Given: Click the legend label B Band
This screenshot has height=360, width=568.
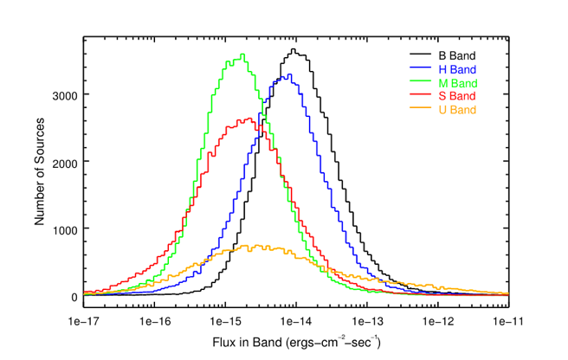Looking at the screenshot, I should [457, 55].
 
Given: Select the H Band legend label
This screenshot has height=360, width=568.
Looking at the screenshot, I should [457, 68].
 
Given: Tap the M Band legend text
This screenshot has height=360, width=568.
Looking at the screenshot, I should [457, 82].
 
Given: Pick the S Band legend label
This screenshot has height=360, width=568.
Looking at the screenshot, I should [457, 96].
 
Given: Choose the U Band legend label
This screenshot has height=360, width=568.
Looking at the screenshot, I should [457, 110].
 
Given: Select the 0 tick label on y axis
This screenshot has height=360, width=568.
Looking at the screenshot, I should [73, 297].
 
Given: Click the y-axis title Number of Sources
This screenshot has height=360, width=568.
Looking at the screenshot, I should [40, 172].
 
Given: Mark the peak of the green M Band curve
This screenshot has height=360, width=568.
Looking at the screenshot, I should [242, 55].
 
